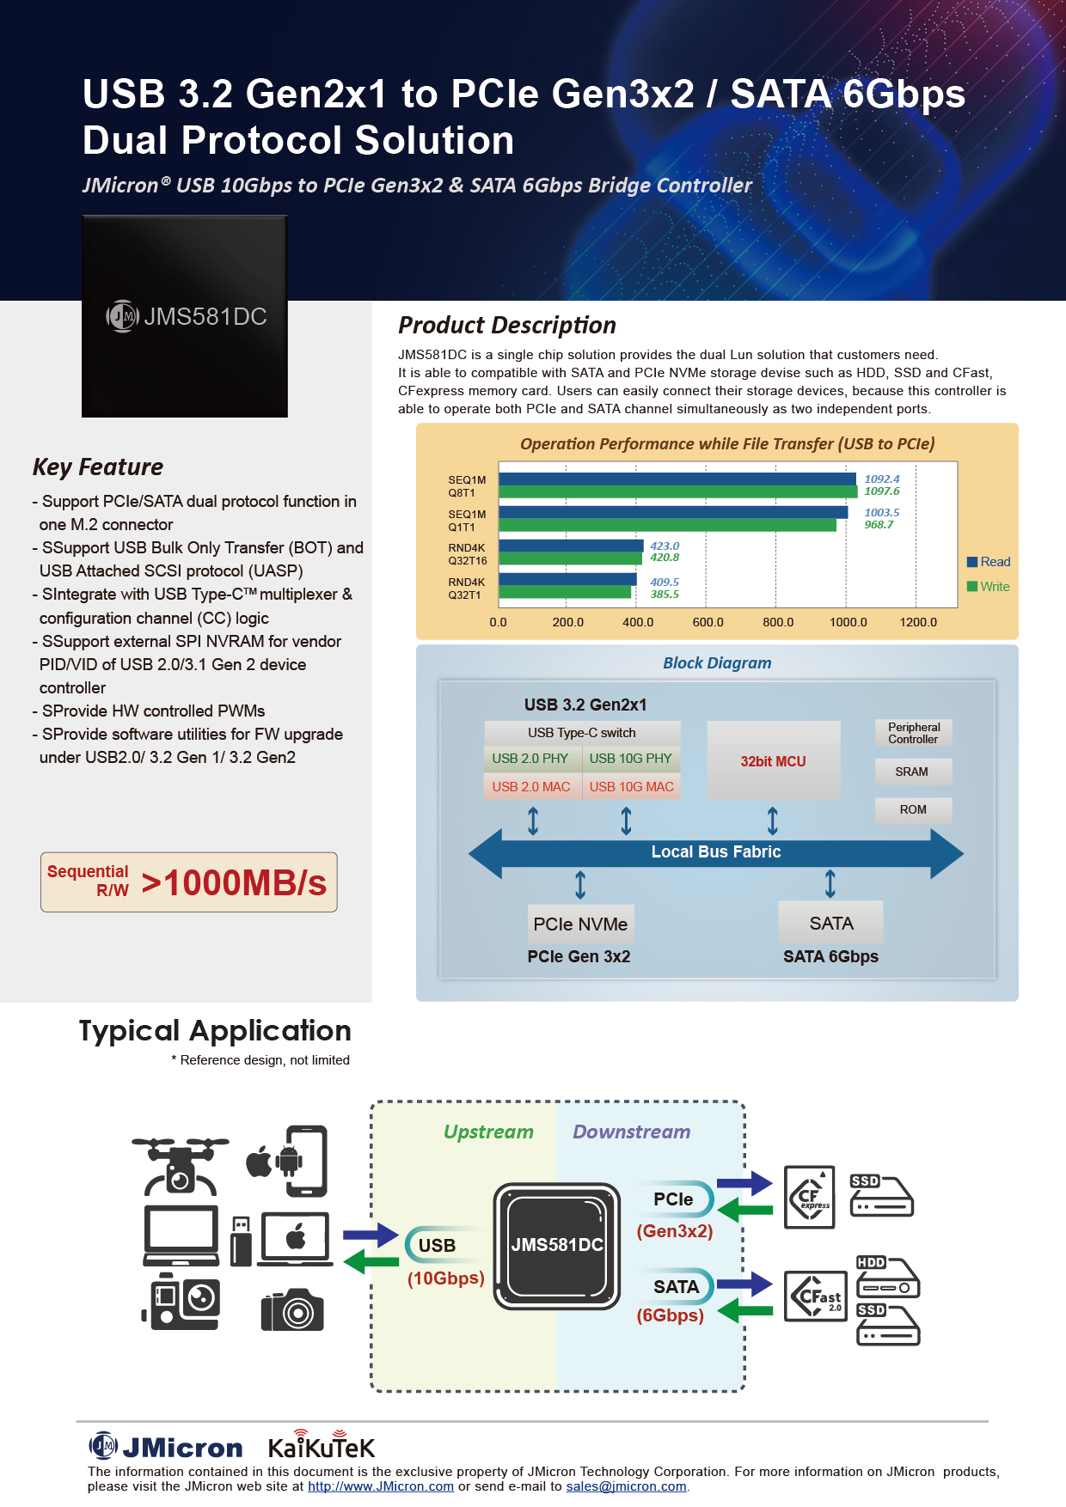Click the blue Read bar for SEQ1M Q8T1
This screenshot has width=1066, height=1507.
tap(677, 479)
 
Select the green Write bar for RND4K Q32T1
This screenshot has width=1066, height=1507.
tap(565, 592)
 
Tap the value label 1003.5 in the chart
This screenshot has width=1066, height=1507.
tap(882, 513)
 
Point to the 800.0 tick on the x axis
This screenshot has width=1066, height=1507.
tap(778, 622)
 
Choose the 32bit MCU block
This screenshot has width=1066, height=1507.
tap(774, 760)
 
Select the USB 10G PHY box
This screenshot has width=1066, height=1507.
tap(631, 759)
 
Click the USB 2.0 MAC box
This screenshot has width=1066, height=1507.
tap(531, 786)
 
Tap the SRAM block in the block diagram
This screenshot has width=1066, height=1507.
tap(913, 772)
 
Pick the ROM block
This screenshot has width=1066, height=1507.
tap(913, 809)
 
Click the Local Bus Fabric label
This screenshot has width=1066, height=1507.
tap(716, 851)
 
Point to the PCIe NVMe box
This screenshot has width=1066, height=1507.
tap(581, 924)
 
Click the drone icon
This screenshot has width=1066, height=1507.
tap(181, 1165)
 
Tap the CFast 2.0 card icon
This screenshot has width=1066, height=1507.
tap(816, 1296)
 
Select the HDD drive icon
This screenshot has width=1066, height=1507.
tap(888, 1277)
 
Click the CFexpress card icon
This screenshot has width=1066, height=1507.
tap(810, 1197)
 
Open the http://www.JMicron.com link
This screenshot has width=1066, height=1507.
tap(381, 1486)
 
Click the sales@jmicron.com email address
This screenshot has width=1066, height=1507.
tap(626, 1486)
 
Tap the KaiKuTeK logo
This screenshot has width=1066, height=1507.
tap(322, 1446)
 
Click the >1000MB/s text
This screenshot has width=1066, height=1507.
tap(234, 882)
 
